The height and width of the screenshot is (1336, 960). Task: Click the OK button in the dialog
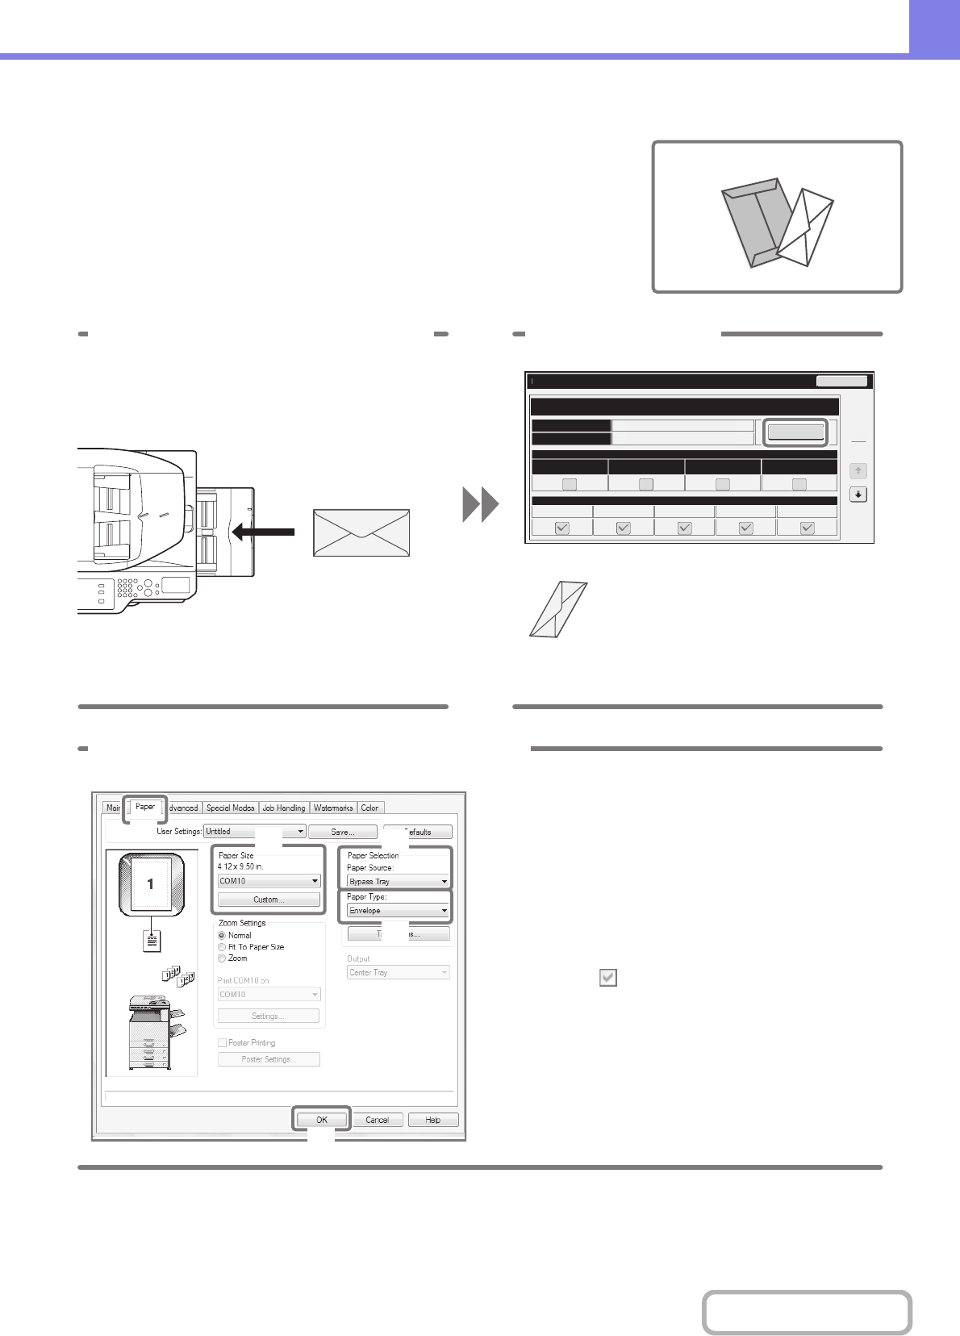321,1120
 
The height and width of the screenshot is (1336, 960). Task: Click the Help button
432,1120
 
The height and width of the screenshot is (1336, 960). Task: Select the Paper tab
145,807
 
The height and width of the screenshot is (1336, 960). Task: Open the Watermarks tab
333,808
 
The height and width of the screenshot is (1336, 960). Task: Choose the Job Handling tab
284,808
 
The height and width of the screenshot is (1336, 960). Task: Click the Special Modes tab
230,808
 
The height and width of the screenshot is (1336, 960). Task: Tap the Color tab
369,808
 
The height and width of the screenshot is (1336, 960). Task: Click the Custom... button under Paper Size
269,900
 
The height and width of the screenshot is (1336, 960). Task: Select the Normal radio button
222,936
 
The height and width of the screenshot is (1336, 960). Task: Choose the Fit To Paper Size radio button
222,947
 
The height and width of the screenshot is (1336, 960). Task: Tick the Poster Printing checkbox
223,1043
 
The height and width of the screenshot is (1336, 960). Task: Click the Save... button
342,832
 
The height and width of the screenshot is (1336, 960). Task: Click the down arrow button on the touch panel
858,495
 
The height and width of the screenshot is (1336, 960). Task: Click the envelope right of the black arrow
361,532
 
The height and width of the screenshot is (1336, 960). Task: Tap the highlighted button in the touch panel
795,432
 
